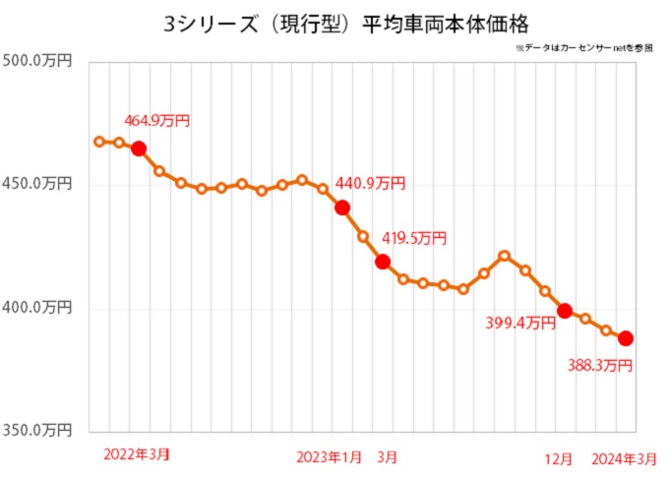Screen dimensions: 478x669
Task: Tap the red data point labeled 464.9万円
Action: point(139,149)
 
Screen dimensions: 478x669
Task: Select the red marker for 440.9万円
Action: point(342,208)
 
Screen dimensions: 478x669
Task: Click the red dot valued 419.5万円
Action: point(383,262)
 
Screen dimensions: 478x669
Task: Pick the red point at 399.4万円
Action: point(565,311)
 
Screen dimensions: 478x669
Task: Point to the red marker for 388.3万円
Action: point(626,338)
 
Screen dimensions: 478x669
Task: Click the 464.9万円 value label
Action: point(156,121)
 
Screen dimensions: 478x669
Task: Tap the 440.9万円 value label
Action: point(370,183)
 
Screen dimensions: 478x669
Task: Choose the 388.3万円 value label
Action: point(599,366)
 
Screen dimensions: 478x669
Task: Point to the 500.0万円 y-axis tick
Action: point(39,61)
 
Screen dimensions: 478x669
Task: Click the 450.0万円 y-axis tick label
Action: point(39,184)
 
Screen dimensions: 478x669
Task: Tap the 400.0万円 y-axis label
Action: point(39,308)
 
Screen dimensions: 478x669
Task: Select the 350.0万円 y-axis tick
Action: point(39,430)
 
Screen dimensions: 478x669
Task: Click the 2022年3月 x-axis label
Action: point(136,454)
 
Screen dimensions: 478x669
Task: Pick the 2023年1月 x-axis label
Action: point(329,455)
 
